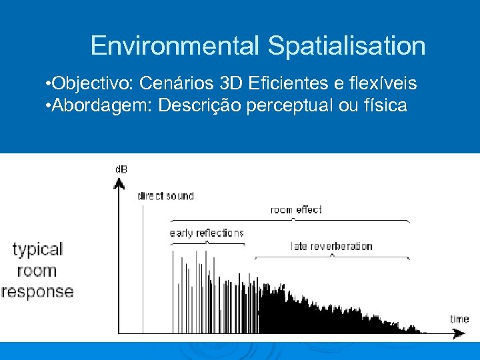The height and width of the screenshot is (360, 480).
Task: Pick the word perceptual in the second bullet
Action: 281,105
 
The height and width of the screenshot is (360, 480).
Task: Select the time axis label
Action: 459,319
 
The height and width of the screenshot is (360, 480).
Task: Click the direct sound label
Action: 165,196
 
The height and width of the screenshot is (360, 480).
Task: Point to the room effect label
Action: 296,209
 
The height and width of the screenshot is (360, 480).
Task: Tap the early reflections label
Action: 207,233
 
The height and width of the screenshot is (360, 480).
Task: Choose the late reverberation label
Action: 331,246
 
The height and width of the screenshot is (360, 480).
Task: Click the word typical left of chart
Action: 37,250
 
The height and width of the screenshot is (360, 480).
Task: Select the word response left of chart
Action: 37,291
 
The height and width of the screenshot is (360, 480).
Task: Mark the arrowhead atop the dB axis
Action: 119,182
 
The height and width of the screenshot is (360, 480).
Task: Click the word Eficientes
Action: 296,84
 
